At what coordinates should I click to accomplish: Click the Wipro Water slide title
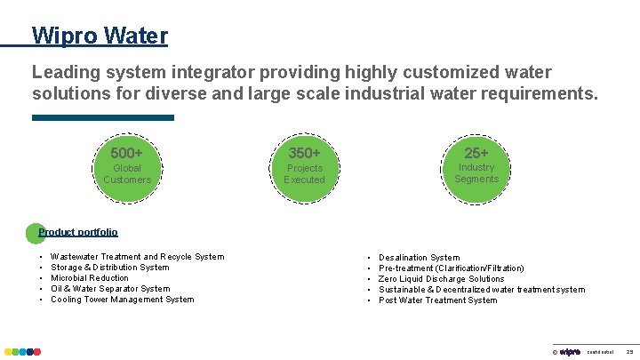pyautogui.click(x=100, y=36)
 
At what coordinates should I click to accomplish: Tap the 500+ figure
pyautogui.click(x=126, y=153)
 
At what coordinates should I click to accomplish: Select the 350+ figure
pyautogui.click(x=304, y=153)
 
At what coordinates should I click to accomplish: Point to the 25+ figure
pyautogui.click(x=476, y=153)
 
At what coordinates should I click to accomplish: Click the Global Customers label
pyautogui.click(x=126, y=173)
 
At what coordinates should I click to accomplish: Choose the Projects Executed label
pyautogui.click(x=304, y=173)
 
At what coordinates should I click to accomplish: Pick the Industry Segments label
pyautogui.click(x=476, y=172)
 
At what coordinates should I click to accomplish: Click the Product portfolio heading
pyautogui.click(x=78, y=232)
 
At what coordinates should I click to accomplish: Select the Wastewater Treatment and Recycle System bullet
pyautogui.click(x=138, y=257)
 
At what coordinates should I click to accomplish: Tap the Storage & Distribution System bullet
pyautogui.click(x=110, y=268)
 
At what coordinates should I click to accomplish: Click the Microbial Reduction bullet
pyautogui.click(x=90, y=278)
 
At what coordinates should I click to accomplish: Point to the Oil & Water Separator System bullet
pyautogui.click(x=110, y=289)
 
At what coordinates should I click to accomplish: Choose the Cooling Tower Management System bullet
pyautogui.click(x=123, y=300)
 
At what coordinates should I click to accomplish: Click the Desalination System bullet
pyautogui.click(x=420, y=258)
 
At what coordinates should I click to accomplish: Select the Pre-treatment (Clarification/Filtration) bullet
pyautogui.click(x=452, y=268)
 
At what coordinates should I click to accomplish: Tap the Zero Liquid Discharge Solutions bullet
pyautogui.click(x=442, y=279)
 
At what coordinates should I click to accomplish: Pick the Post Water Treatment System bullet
pyautogui.click(x=438, y=300)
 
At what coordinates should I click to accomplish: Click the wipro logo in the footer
pyautogui.click(x=570, y=352)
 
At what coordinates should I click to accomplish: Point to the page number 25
pyautogui.click(x=628, y=352)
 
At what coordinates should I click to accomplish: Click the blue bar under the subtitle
pyautogui.click(x=103, y=117)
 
